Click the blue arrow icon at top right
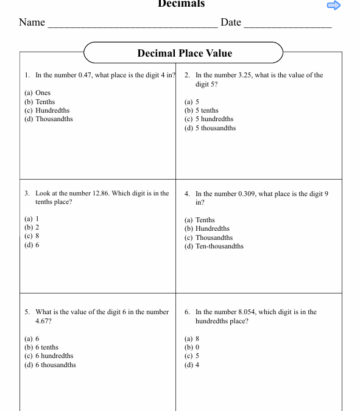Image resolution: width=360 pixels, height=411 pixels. point(334,5)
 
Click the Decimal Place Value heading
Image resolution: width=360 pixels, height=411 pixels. point(185,53)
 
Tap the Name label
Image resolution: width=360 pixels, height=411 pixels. point(32,23)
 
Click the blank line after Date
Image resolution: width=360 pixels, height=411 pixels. point(288,24)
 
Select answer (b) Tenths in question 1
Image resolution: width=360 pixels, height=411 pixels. point(40,102)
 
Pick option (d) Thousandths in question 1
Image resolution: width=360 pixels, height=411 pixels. point(48,119)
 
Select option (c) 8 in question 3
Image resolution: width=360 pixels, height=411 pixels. point(32,236)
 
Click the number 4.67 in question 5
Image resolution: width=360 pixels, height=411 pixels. point(43,321)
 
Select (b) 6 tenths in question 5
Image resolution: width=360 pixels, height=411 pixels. point(41,348)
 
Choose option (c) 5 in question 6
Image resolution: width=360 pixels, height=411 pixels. point(192,356)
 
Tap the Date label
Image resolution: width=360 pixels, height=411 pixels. point(231,23)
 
